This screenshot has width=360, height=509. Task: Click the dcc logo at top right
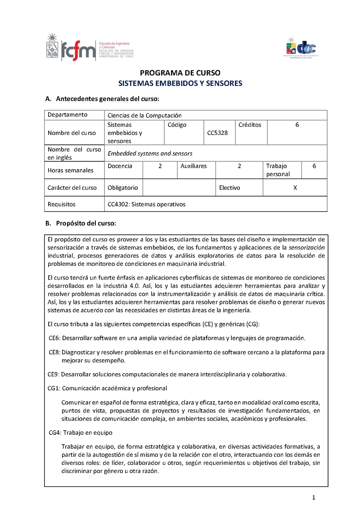(x=300, y=47)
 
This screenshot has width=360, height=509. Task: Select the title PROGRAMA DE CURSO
(x=180, y=73)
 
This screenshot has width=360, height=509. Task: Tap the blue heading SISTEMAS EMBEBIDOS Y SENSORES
(x=180, y=83)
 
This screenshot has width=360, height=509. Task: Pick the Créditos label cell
(x=250, y=125)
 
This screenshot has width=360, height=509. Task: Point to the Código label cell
(x=177, y=125)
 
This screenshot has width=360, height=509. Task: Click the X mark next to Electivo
(x=295, y=188)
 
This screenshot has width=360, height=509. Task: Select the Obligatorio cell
(x=123, y=188)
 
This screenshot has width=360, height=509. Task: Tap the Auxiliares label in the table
(x=193, y=166)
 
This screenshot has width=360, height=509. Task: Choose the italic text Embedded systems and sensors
(x=150, y=153)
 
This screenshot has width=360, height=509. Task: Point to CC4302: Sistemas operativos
(x=147, y=204)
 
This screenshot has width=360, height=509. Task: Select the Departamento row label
(x=67, y=115)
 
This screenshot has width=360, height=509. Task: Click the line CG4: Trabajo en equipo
(x=81, y=433)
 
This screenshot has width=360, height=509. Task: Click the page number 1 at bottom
(x=314, y=497)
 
